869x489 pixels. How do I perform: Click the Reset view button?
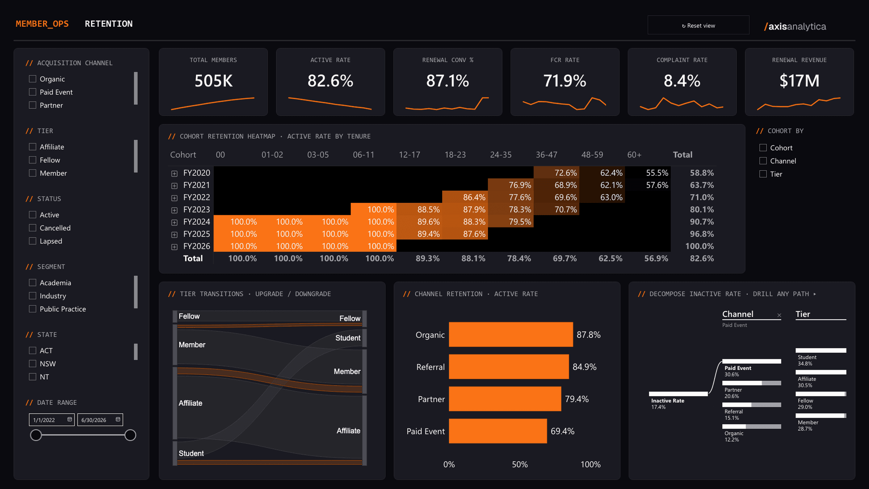pyautogui.click(x=698, y=25)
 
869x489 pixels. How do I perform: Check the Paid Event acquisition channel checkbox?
pyautogui.click(x=33, y=92)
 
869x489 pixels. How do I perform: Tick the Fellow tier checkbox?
pyautogui.click(x=33, y=160)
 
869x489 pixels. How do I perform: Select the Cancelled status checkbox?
pyautogui.click(x=33, y=228)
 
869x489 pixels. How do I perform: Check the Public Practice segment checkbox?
pyautogui.click(x=33, y=309)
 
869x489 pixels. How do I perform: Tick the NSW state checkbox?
pyautogui.click(x=33, y=364)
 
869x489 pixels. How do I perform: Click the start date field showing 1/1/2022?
pyautogui.click(x=52, y=420)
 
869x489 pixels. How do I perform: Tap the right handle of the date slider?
pyautogui.click(x=130, y=435)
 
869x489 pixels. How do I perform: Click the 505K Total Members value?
pyautogui.click(x=214, y=81)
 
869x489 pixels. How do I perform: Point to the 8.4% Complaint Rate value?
pyautogui.click(x=682, y=81)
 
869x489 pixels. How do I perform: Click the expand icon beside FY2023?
pyautogui.click(x=175, y=210)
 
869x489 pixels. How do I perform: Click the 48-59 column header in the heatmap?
pyautogui.click(x=592, y=155)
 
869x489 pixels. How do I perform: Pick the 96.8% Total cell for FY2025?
pyautogui.click(x=702, y=234)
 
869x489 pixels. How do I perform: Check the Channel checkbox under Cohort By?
pyautogui.click(x=763, y=161)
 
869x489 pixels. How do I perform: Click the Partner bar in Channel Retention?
pyautogui.click(x=505, y=399)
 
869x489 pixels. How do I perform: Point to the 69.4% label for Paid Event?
pyautogui.click(x=562, y=431)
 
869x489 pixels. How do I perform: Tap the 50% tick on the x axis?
pyautogui.click(x=520, y=464)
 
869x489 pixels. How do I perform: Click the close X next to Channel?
pyautogui.click(x=779, y=315)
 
